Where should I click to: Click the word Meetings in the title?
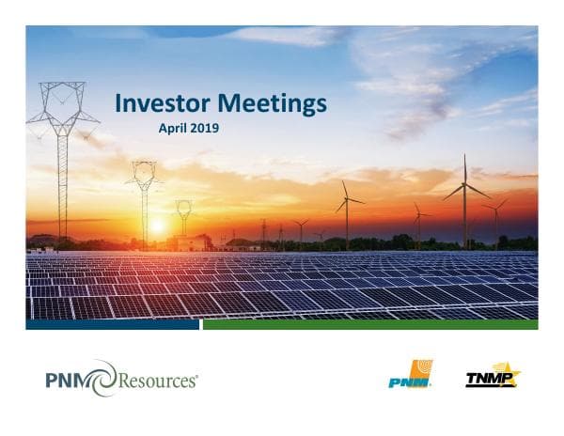[x=272, y=102]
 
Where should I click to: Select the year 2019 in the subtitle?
[x=204, y=126]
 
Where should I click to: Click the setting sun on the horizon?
[x=157, y=226]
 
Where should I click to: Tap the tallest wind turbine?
[x=464, y=202]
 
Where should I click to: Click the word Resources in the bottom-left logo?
[x=156, y=381]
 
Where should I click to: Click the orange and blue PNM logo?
[x=411, y=374]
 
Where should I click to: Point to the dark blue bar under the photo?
[x=113, y=324]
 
